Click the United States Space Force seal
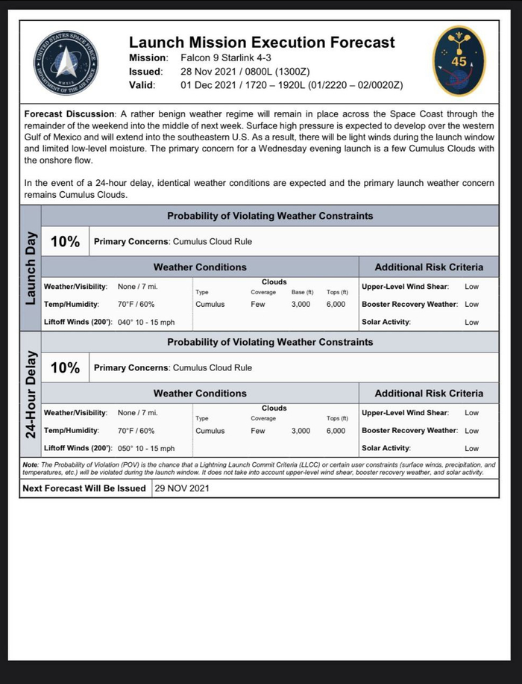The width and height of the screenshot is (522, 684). [x=66, y=63]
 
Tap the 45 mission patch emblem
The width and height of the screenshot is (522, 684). [x=459, y=61]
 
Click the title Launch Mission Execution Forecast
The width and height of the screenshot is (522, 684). [x=262, y=43]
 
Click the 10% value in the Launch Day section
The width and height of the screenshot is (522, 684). [x=65, y=242]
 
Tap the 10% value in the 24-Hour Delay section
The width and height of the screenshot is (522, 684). [x=65, y=368]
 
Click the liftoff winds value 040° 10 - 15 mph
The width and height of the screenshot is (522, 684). [x=146, y=323]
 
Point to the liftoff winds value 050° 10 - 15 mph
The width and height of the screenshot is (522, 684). [x=146, y=449]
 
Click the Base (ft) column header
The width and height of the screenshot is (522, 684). [x=301, y=293]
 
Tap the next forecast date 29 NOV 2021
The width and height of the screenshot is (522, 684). [x=182, y=489]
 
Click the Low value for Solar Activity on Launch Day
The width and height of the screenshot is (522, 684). [x=471, y=323]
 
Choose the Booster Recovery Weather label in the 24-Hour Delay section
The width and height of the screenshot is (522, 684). [x=409, y=431]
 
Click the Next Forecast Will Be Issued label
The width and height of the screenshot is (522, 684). [x=84, y=489]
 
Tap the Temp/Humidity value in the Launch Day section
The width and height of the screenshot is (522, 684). [x=136, y=305]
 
